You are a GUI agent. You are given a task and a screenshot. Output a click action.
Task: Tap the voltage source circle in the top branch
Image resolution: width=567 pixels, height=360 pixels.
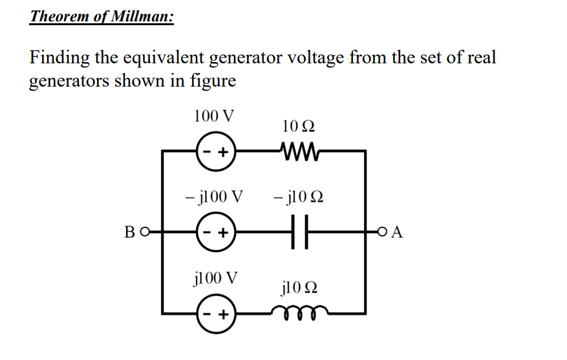[x=216, y=153]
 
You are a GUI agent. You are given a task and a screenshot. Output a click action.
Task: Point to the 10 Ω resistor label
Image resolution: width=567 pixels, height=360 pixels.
[x=299, y=127]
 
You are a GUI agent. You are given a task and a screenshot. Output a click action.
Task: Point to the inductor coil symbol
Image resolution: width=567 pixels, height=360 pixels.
[x=298, y=313]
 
